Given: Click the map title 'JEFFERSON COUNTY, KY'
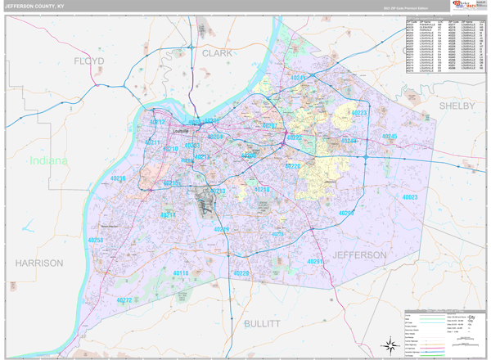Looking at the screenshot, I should pos(36,6).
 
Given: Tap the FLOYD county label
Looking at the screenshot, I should pos(90,62).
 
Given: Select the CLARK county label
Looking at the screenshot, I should pos(218,53).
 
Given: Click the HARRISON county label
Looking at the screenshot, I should pos(38,263).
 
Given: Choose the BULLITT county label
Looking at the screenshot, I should pos(262,324).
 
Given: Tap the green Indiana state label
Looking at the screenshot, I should pos(48,161).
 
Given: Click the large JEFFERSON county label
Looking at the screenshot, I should pos(359,255).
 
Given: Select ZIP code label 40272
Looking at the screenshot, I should pos(124,300).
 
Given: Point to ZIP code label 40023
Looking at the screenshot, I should pos(410,198).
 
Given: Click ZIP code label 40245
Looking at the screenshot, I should pos(390,137).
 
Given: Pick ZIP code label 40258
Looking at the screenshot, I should pos(95,241).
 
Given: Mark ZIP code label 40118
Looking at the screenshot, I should pos(181,273).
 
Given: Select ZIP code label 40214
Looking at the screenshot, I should pos(167,214).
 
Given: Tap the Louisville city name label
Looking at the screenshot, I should pos(181,131).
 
